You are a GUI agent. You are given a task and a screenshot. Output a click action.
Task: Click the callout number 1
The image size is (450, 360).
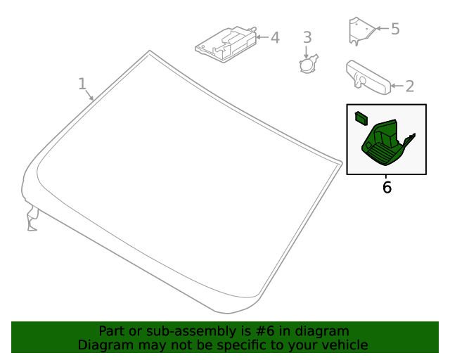coord(82,84)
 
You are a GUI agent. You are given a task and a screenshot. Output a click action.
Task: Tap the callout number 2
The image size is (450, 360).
coord(410,86)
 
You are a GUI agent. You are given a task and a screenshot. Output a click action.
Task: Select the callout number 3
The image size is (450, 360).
coord(307,37)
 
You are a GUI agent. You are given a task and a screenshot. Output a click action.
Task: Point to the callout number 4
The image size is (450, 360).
coord(275,37)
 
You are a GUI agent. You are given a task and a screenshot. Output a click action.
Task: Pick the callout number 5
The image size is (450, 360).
coord(395,29)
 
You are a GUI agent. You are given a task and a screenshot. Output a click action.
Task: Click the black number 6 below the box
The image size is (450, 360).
coord(387,188)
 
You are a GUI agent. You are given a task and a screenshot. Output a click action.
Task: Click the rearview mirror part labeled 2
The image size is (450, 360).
coord(368,77)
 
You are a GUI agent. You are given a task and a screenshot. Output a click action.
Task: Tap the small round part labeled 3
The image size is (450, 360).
coord(309,63)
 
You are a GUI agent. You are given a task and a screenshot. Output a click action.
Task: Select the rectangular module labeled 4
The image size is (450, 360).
coord(226,44)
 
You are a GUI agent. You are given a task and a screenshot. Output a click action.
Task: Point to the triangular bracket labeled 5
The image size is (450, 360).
coord(361,30)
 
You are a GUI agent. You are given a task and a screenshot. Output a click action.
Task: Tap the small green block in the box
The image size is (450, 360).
coord(361,118)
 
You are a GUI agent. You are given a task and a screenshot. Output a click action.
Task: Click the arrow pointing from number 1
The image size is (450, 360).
coord(89,95)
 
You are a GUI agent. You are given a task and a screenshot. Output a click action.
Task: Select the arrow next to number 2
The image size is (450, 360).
coord(397,86)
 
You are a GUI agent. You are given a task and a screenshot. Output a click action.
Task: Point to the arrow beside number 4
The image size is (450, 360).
coord(262,37)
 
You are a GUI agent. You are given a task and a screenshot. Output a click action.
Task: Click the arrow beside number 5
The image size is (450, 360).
coord(382,28)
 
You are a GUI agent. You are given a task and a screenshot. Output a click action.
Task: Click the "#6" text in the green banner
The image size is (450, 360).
coord(265,331)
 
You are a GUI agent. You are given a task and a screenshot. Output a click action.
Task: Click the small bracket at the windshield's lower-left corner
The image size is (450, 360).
coord(32,219)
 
